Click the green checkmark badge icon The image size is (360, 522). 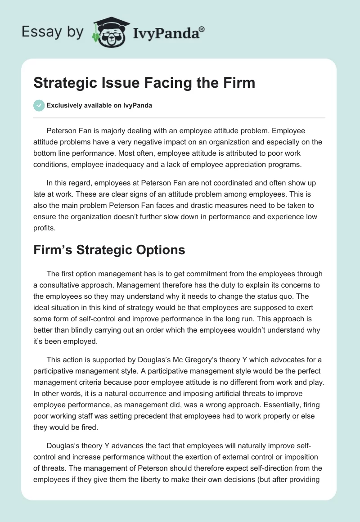(38, 105)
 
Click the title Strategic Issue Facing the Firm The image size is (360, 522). (144, 83)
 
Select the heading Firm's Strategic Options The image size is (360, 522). (109, 250)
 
